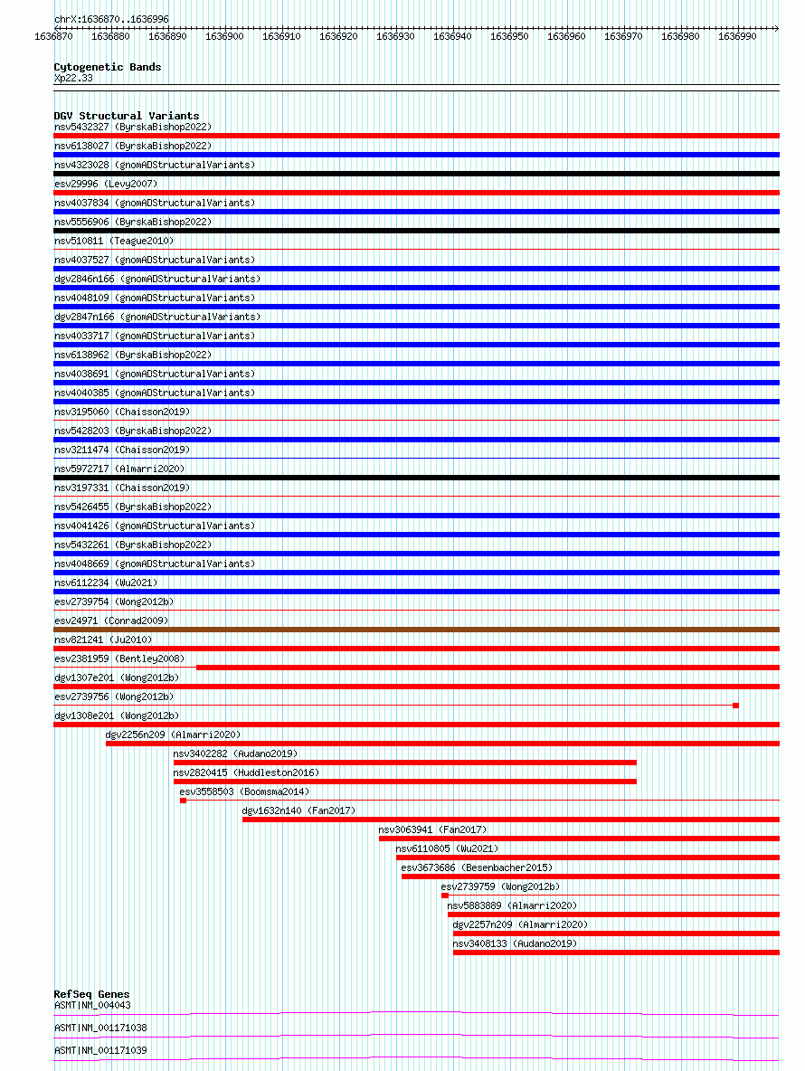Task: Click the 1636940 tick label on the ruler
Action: [x=452, y=36]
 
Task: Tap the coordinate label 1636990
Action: [x=736, y=36]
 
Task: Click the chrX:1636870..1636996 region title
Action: [x=111, y=19]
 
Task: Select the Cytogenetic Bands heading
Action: [x=108, y=67]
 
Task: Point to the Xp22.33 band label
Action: [x=73, y=78]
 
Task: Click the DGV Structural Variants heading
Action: [x=127, y=116]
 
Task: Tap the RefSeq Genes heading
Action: [x=91, y=994]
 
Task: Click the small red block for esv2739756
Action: [x=735, y=706]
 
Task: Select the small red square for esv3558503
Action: [x=183, y=801]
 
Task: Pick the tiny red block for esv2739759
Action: [x=445, y=896]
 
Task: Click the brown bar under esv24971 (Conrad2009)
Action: [x=416, y=630]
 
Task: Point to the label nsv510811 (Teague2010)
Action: [x=114, y=241]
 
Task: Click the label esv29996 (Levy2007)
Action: [x=106, y=184]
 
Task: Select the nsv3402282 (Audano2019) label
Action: [x=235, y=753]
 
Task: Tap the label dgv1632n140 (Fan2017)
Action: [x=298, y=810]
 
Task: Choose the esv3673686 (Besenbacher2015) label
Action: [x=477, y=867]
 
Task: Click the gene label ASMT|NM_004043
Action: [x=92, y=1005]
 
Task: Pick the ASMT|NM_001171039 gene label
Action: [x=100, y=1050]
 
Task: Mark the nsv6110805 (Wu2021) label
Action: [x=447, y=848]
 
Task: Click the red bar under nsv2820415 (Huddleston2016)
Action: [x=404, y=782]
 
